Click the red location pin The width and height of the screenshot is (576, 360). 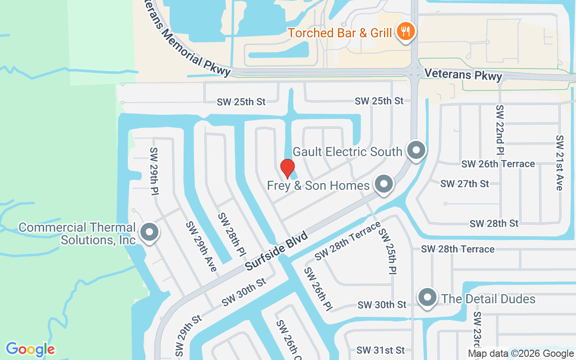[288, 168]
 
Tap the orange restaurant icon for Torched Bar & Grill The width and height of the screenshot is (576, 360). [406, 32]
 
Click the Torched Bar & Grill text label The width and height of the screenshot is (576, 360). [340, 33]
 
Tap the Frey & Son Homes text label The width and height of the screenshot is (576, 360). [318, 185]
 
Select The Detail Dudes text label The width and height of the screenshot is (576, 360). [488, 299]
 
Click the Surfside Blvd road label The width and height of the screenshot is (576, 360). [276, 251]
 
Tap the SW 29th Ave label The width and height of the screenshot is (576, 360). [201, 247]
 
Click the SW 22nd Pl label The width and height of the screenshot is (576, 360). [500, 130]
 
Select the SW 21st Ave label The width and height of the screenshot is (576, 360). [559, 162]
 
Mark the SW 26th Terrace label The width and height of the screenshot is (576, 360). [498, 164]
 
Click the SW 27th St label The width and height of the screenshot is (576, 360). [464, 184]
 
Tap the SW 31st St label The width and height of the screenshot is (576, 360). [381, 350]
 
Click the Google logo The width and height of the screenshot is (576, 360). [30, 349]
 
